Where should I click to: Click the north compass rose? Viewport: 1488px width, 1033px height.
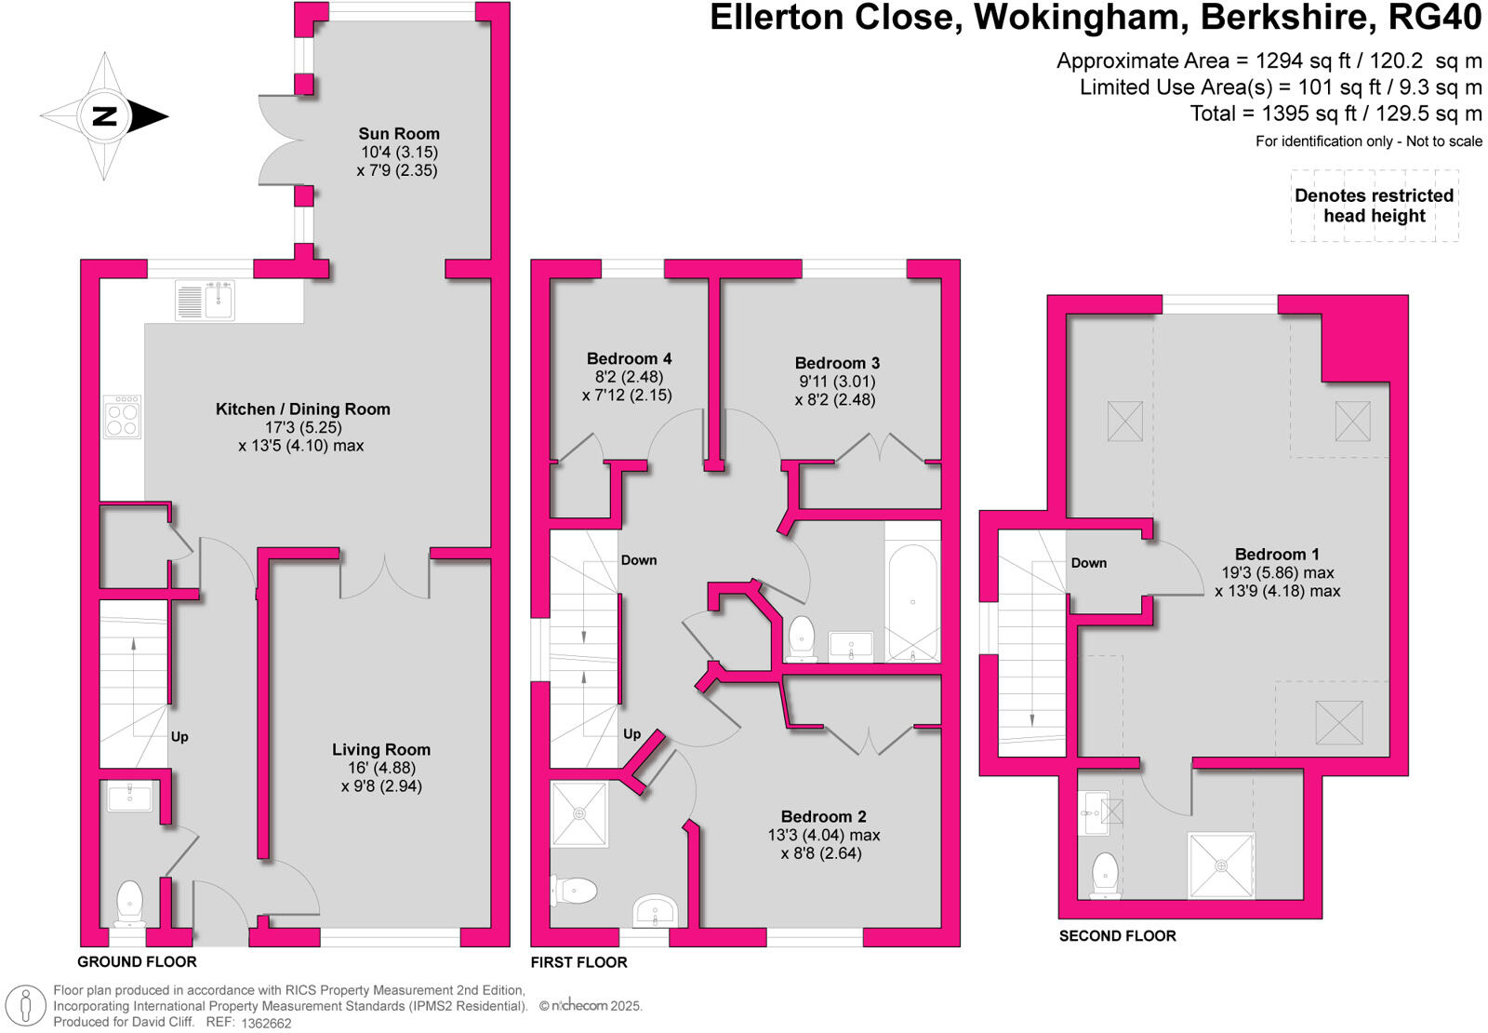[104, 116]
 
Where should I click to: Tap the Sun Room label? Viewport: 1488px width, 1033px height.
[399, 134]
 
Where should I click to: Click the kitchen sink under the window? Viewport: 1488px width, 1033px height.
[206, 301]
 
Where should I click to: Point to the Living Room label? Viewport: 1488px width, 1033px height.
[381, 750]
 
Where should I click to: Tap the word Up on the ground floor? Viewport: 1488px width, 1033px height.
[179, 737]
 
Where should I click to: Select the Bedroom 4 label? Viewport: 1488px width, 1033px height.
[629, 359]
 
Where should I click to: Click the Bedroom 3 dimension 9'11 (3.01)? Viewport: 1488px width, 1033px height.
[836, 382]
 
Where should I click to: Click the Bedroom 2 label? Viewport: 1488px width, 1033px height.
[823, 817]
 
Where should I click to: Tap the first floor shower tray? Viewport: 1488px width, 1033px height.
[579, 814]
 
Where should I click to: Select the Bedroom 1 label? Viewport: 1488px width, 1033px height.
[1277, 555]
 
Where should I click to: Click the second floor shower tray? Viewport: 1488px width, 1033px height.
[1221, 865]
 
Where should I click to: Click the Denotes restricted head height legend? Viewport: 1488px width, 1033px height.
[1374, 206]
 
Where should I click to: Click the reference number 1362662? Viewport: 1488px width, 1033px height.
[266, 1023]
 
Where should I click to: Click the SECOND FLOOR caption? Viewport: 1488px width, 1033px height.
[1117, 936]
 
